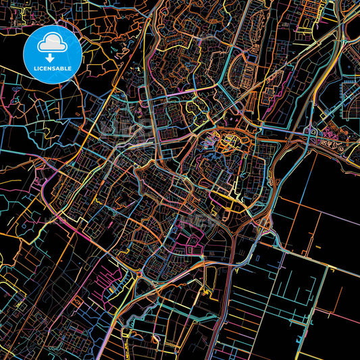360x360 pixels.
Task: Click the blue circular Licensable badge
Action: click(x=53, y=53)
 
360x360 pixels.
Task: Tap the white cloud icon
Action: click(x=53, y=43)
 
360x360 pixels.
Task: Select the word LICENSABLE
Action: click(x=53, y=68)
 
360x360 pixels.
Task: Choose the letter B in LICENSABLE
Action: click(x=66, y=68)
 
